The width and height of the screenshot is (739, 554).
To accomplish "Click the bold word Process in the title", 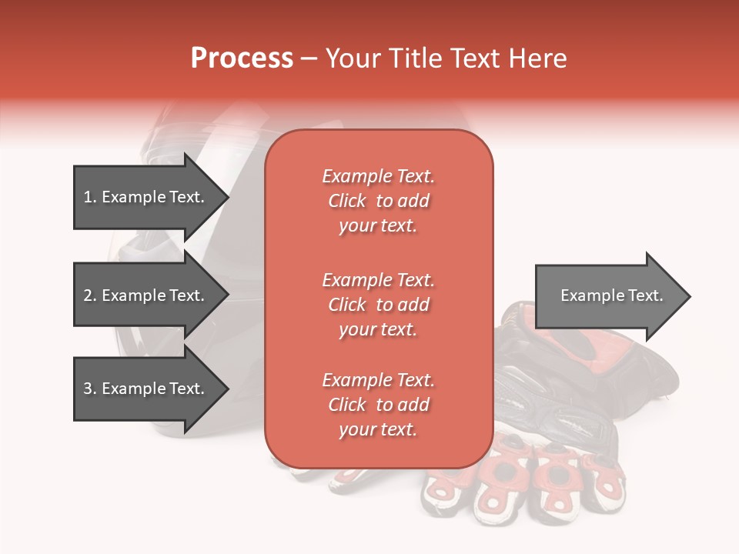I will tap(242, 58).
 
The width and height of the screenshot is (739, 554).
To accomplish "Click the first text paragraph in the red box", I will tap(378, 201).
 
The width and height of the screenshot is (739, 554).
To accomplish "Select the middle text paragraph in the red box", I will tap(378, 305).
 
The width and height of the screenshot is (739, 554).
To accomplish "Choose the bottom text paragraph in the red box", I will tap(378, 405).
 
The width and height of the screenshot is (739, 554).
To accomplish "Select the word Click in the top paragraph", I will tap(347, 201).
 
